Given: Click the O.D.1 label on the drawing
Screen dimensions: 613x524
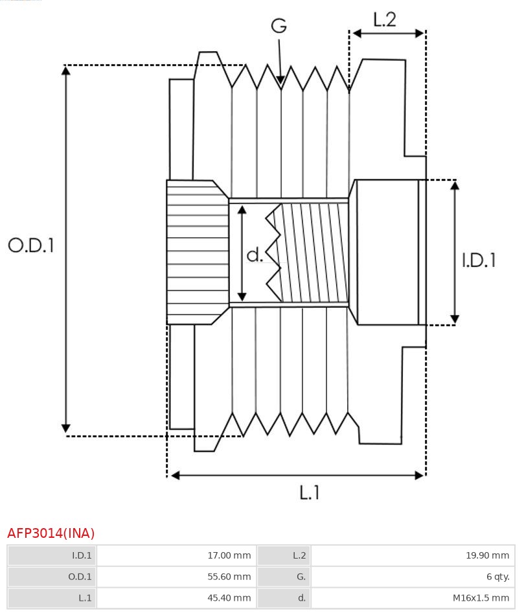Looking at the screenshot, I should click(x=31, y=245).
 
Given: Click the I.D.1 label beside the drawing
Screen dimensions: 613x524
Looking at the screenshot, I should click(x=479, y=260).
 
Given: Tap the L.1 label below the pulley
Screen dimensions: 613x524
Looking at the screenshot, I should click(x=310, y=492).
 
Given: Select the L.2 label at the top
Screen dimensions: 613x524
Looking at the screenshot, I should click(x=384, y=19).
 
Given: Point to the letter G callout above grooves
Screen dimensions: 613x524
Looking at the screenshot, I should click(x=279, y=26).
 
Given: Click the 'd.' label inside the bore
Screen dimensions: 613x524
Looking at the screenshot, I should click(x=255, y=255).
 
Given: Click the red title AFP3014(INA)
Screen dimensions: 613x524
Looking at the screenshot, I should click(x=51, y=533).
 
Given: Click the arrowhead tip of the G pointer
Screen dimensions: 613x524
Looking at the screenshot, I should click(x=280, y=83).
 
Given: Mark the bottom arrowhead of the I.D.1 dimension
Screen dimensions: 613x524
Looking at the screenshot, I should click(x=455, y=319).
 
